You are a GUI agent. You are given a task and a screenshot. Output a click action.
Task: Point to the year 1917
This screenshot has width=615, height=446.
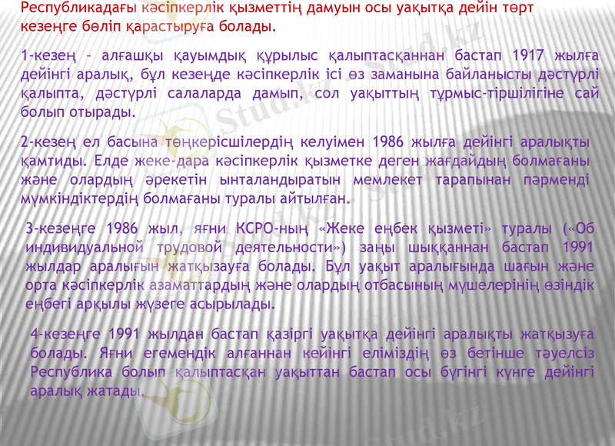pos(523,55)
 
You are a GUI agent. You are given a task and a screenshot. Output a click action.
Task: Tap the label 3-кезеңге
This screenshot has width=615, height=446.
pos(57,229)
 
